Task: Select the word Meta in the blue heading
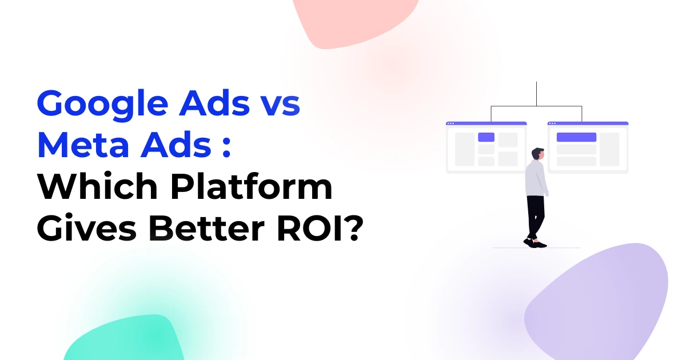click(x=83, y=145)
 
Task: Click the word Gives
click(x=87, y=228)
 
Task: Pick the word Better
click(x=207, y=228)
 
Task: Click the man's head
click(x=538, y=154)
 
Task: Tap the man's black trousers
click(x=535, y=217)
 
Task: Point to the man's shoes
click(x=535, y=243)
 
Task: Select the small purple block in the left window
click(x=486, y=137)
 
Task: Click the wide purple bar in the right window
click(x=576, y=137)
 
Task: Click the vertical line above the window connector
click(x=536, y=94)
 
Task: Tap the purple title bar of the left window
click(x=486, y=123)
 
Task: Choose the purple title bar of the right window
click(x=588, y=123)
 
